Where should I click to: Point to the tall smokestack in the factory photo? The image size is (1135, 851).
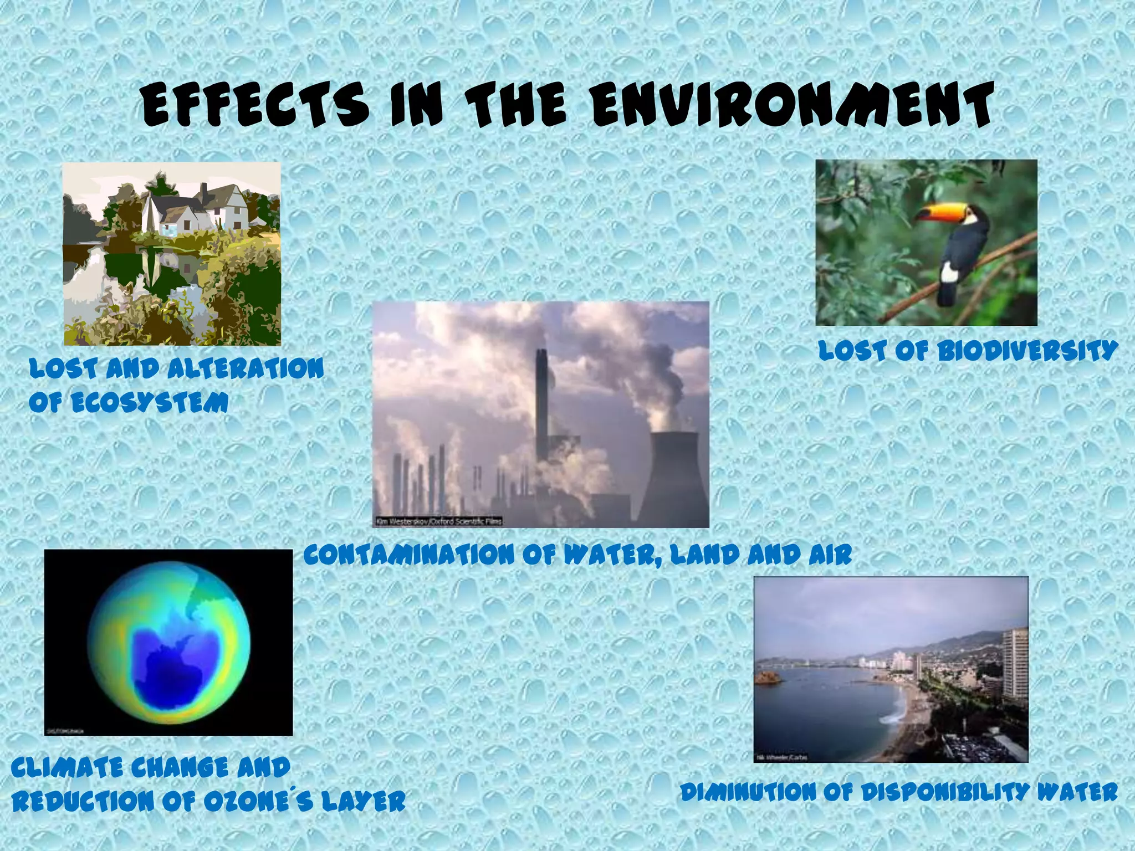(542, 410)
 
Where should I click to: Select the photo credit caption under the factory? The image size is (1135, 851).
(438, 521)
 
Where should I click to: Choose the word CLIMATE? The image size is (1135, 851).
(67, 768)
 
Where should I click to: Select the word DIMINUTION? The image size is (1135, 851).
(749, 793)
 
